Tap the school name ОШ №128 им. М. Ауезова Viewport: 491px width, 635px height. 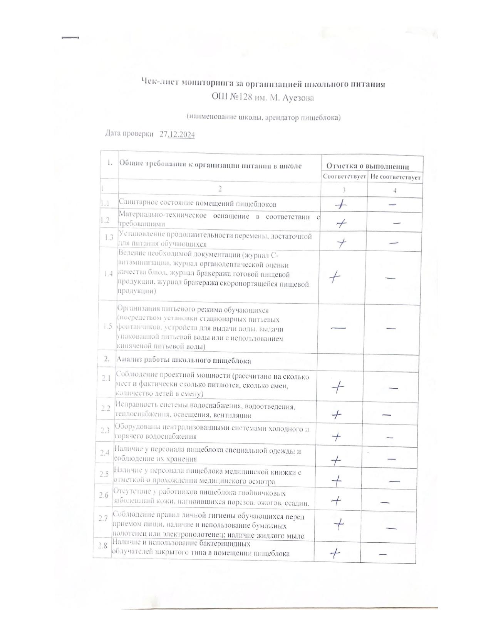point(263,97)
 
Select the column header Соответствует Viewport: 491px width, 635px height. point(344,177)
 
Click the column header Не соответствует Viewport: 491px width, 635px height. point(395,177)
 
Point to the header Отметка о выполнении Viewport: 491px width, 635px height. point(367,166)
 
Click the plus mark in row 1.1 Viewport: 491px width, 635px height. point(340,205)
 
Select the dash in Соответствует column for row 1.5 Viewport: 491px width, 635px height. point(338,328)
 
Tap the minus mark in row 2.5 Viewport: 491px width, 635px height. point(394,481)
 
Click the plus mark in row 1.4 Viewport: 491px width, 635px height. point(335,277)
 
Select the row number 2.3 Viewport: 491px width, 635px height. point(105,431)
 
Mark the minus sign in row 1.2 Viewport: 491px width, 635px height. point(397,223)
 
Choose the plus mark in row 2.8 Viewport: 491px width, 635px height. point(335,553)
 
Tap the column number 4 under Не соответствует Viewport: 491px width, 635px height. point(395,190)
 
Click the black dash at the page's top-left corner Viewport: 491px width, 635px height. point(70,38)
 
